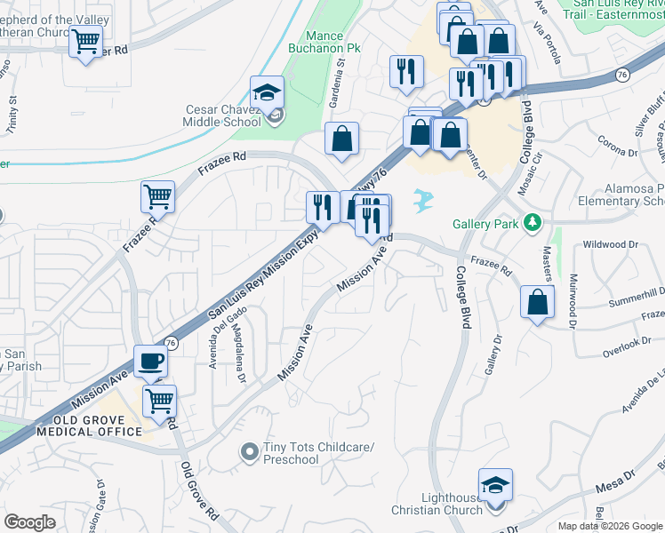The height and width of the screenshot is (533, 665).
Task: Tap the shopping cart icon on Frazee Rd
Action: point(157,196)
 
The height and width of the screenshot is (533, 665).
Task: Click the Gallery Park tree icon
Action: point(533,222)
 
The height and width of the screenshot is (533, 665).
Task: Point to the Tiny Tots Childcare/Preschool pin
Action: point(250,453)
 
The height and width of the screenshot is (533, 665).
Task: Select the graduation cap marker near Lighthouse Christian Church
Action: point(495,485)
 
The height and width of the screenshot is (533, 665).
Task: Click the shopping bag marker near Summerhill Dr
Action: point(538,302)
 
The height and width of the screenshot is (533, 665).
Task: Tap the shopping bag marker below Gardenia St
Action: point(341,139)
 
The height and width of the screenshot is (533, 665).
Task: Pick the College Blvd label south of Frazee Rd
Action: point(462,298)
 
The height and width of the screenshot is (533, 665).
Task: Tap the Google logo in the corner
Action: point(29,522)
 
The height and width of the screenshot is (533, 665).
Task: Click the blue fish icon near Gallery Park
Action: point(424,200)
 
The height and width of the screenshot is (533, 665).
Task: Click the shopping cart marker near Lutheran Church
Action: point(85,41)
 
